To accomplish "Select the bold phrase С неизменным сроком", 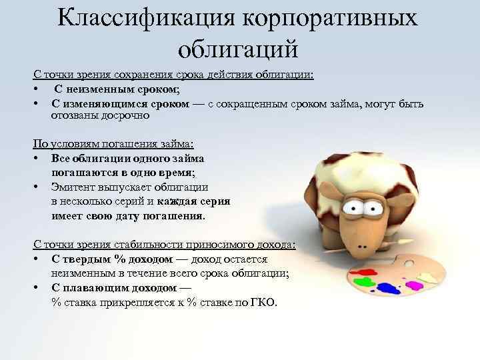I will coord(116,89).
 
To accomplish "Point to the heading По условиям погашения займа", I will coord(113,143).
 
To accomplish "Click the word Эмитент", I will coord(73,187).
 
